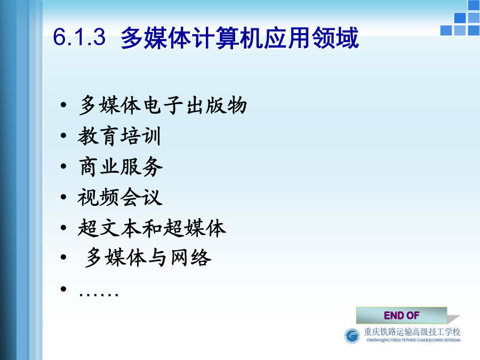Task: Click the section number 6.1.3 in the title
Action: point(79,37)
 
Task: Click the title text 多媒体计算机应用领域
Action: point(239,38)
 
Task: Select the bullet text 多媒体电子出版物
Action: point(163,105)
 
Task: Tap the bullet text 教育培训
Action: point(119,136)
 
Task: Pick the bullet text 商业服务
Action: point(121,166)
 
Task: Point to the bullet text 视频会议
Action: point(120,197)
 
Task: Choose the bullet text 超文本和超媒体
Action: point(152,228)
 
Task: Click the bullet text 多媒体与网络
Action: point(148,258)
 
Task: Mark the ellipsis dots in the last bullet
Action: point(99,294)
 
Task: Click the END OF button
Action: point(402,315)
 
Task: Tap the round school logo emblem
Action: point(352,336)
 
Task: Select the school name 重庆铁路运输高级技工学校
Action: point(412,332)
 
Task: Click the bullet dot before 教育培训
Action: point(63,135)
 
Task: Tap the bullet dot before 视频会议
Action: point(63,197)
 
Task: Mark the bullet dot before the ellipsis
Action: point(63,289)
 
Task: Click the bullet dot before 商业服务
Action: point(63,166)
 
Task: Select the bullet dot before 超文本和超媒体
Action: point(63,227)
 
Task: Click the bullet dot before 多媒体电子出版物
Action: point(63,105)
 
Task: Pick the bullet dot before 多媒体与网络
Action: point(63,258)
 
